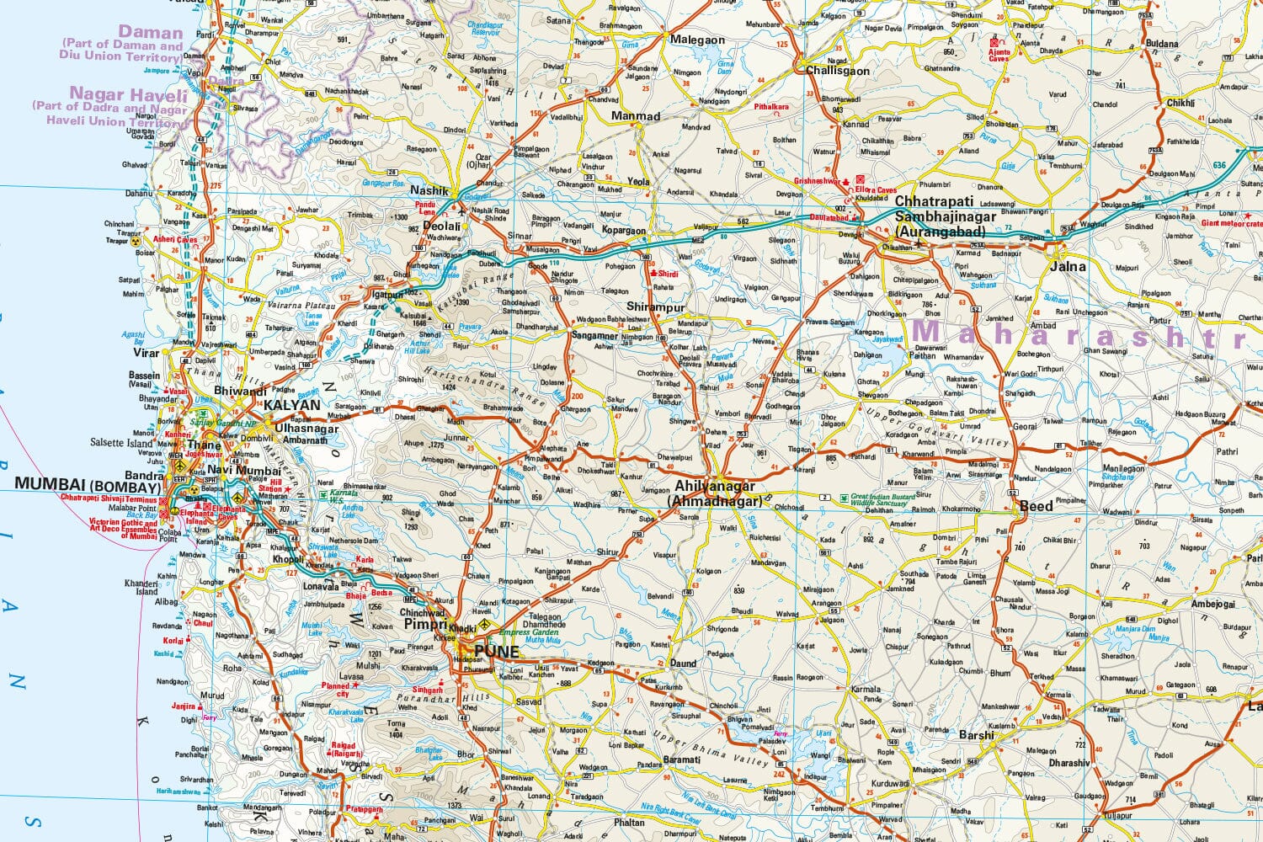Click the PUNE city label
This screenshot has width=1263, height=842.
(x=497, y=651)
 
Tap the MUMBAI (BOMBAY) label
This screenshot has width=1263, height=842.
(x=88, y=487)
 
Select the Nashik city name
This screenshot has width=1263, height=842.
(x=429, y=191)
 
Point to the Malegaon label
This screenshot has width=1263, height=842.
(x=697, y=40)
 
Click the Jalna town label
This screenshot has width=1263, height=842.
(x=1068, y=266)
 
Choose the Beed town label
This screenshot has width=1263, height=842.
(x=1036, y=506)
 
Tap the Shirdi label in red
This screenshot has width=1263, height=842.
(x=668, y=274)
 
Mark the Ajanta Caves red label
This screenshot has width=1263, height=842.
(x=998, y=55)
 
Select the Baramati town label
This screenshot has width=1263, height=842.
(x=681, y=759)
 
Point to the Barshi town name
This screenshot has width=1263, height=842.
(x=977, y=735)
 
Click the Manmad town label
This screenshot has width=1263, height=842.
(x=636, y=116)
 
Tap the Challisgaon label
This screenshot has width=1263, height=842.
(x=838, y=71)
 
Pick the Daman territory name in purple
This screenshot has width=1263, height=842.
(x=151, y=33)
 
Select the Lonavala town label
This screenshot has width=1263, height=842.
(x=321, y=587)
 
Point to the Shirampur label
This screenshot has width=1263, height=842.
(x=656, y=307)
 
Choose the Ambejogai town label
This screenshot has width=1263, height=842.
(x=1213, y=604)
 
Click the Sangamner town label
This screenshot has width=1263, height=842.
(x=595, y=335)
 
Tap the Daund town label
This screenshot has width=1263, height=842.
(x=683, y=663)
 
